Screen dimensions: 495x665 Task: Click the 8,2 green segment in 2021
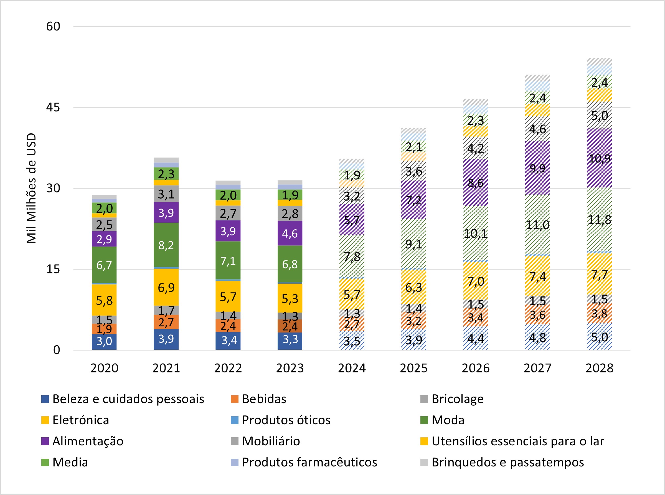click(x=166, y=245)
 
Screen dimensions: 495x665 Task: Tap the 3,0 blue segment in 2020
click(x=104, y=341)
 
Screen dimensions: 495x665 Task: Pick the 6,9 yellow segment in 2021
click(x=166, y=287)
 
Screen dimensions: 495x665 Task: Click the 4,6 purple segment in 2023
click(x=290, y=233)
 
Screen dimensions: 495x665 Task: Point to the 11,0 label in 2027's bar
click(x=537, y=225)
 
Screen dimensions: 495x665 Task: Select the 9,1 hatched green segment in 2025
click(x=413, y=244)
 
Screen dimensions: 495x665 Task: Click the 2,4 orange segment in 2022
click(x=228, y=326)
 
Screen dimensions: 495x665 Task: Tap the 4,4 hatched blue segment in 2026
click(x=476, y=338)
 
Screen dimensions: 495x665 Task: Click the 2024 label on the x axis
click(x=352, y=368)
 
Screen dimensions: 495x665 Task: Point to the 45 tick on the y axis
click(x=53, y=107)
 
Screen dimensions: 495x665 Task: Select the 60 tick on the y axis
click(x=53, y=26)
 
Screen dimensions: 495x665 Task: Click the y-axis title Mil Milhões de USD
click(x=31, y=188)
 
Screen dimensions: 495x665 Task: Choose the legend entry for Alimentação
click(x=88, y=441)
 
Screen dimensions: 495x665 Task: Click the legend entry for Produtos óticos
click(x=286, y=420)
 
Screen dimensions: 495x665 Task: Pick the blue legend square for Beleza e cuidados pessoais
click(x=45, y=399)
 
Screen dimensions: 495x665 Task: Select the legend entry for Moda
click(x=448, y=420)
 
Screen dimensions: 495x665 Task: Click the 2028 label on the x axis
click(x=599, y=368)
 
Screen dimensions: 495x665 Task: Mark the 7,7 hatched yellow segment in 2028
click(x=599, y=274)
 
